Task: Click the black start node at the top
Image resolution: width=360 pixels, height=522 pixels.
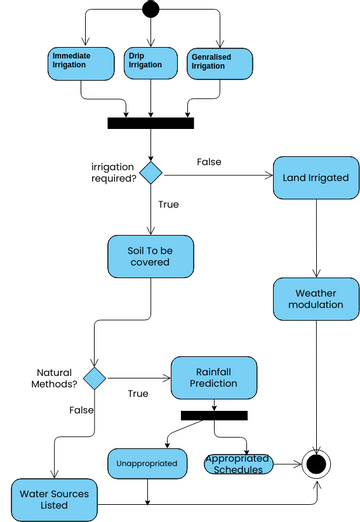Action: coord(150,10)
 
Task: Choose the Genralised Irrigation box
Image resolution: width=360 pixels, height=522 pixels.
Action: coord(220,62)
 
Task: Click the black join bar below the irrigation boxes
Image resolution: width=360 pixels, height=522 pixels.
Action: coord(150,124)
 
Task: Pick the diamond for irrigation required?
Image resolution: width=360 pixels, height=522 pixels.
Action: coord(150,172)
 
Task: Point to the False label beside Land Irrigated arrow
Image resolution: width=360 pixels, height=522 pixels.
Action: coord(209,162)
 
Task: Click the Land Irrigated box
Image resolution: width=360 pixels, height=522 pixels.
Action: coord(316,177)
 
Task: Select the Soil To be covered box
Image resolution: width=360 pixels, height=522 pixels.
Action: coord(150,256)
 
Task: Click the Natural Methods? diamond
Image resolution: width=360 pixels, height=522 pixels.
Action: coord(94,378)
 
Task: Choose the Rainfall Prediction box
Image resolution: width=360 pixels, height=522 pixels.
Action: coord(214,374)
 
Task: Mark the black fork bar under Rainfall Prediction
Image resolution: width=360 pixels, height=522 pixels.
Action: coord(214,415)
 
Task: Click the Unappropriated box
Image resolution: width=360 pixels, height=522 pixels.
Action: coord(148,463)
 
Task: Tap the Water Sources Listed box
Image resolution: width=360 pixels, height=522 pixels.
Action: coord(50,497)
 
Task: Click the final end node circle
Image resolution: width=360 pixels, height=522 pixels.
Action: coord(317,463)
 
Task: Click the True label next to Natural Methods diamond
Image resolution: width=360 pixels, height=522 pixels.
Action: coord(138,393)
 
